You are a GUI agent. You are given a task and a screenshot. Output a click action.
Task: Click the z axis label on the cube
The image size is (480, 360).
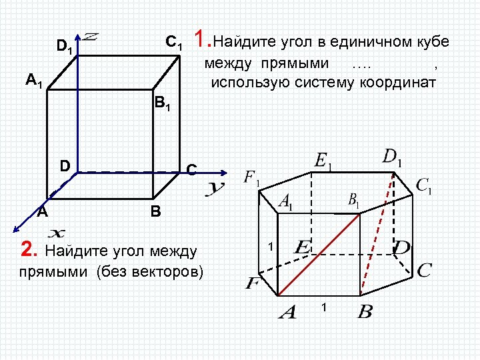coord(91,37)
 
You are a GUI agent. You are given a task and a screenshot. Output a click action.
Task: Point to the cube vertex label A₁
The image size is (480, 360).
coord(35,81)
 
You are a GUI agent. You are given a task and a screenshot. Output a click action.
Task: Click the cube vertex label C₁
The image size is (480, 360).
coord(174,43)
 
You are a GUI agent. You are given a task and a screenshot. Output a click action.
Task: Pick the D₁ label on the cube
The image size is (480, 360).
coord(65,47)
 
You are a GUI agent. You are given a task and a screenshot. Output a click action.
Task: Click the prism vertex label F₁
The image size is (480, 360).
coord(252,178)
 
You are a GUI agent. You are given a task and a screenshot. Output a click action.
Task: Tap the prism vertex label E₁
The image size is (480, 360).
coord(323,161)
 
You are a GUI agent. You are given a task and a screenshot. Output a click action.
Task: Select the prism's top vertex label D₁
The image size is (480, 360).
coord(393,159)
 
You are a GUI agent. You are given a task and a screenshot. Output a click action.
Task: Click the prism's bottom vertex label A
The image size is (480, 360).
coord(287,311)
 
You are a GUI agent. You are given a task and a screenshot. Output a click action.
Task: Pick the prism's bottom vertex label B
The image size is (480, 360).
coord(365,311)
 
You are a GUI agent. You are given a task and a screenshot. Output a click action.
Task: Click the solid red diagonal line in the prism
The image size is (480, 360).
coord(319,254)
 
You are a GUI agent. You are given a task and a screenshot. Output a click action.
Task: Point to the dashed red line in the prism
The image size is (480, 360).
coord(376,233)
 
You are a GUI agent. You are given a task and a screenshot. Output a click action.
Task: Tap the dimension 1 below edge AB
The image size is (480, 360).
coord(323,307)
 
